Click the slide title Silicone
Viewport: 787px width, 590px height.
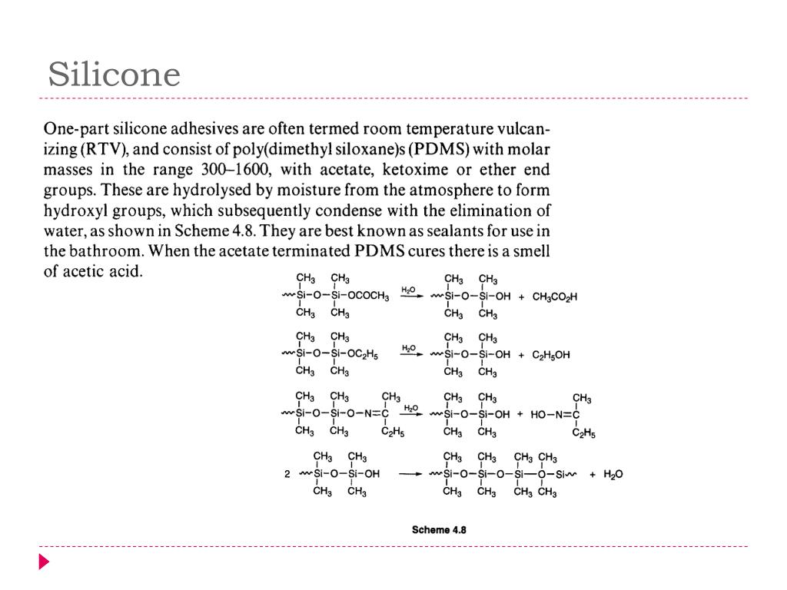[114, 75]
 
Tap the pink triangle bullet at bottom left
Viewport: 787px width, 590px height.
[44, 562]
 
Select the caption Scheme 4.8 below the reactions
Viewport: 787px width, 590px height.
[439, 529]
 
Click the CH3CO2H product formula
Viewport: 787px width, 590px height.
[554, 297]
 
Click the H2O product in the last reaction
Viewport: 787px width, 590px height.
[613, 474]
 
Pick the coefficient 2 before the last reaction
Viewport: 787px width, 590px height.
[287, 474]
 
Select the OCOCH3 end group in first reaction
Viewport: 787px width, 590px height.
[368, 297]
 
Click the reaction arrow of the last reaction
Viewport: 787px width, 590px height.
[408, 474]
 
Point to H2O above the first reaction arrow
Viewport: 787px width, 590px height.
[408, 289]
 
